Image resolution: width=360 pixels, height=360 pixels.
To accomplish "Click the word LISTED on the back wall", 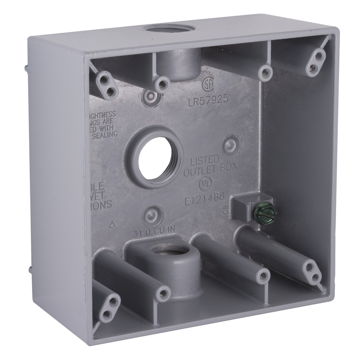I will click(205, 160).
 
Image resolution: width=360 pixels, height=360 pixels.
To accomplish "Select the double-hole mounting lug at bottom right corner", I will click(312, 272).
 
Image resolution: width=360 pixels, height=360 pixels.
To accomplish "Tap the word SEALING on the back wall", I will click(105, 134).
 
